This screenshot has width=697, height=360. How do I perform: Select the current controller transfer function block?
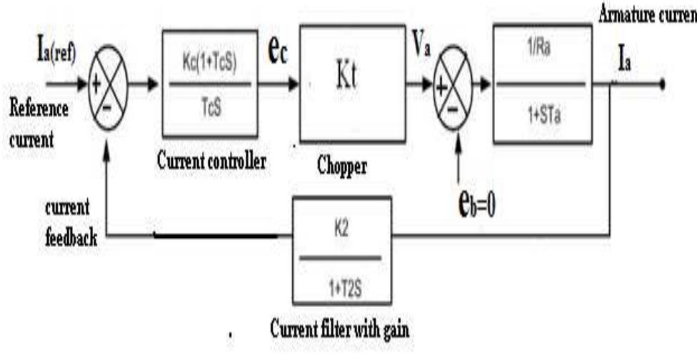tap(209, 84)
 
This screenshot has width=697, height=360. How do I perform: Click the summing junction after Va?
tap(453, 84)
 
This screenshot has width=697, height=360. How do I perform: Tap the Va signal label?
tap(420, 55)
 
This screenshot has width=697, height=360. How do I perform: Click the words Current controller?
tap(211, 161)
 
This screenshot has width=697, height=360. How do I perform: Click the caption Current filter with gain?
tap(339, 331)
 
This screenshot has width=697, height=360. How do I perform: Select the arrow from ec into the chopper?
tap(286, 84)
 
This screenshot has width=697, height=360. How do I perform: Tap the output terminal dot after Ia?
tap(663, 84)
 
